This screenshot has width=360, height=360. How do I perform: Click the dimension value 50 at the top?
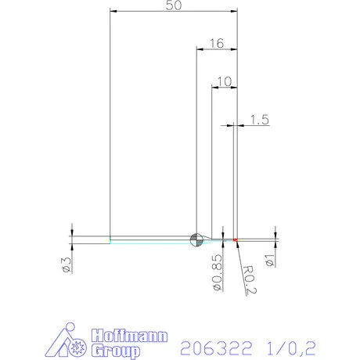[174, 5]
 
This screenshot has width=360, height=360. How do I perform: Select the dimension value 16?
[216, 44]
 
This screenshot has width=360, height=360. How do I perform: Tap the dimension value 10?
[225, 81]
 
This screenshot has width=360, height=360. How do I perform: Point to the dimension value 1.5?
[259, 119]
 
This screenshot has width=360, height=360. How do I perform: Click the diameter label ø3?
[66, 265]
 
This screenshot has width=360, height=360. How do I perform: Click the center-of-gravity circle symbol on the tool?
[196, 238]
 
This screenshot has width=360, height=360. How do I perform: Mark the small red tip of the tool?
[235, 239]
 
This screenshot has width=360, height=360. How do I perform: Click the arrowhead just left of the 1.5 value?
[232, 124]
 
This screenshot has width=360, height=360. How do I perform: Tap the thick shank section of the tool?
[90, 239]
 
